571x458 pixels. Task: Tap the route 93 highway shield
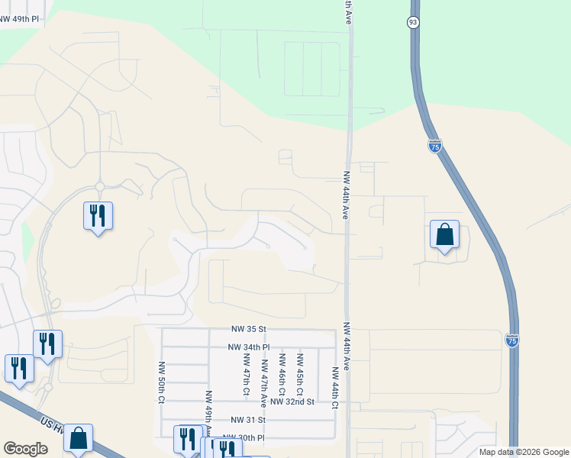coord(413,23)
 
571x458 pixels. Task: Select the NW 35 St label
coord(249,329)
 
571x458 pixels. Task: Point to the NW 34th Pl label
coord(249,347)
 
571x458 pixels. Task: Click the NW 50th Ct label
coord(162,382)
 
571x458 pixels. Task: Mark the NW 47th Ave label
coord(264,379)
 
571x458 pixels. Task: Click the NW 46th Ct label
coord(282,373)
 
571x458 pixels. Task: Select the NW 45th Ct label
coord(300,373)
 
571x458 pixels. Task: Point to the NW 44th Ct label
coord(334,388)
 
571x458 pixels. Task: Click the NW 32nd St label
coord(292,402)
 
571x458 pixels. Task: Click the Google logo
coord(25,449)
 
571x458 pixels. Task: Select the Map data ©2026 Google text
coord(523,452)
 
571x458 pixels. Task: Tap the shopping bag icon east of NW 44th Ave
coord(444,235)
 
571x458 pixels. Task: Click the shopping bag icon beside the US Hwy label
coord(78,439)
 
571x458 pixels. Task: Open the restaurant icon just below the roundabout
coord(98,217)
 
